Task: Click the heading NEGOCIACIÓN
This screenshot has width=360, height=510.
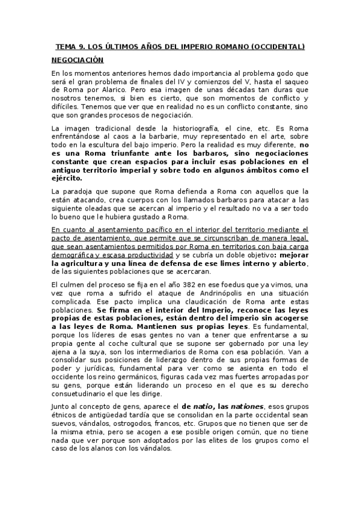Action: [x=78, y=60]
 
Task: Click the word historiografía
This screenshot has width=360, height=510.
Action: [x=168, y=128]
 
